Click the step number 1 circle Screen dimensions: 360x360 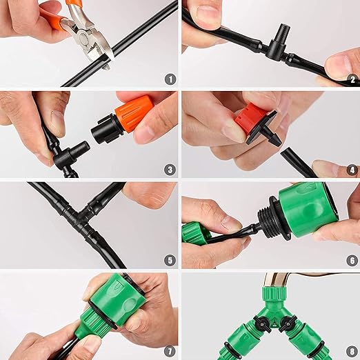[x=170, y=79]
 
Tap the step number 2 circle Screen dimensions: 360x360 [x=350, y=79]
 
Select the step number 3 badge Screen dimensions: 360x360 [x=170, y=169]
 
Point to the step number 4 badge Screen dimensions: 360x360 [x=350, y=169]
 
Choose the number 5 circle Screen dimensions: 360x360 [x=170, y=260]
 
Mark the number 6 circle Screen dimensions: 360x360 [x=350, y=260]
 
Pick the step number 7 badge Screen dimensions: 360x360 [x=170, y=350]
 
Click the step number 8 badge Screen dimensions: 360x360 [x=350, y=350]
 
